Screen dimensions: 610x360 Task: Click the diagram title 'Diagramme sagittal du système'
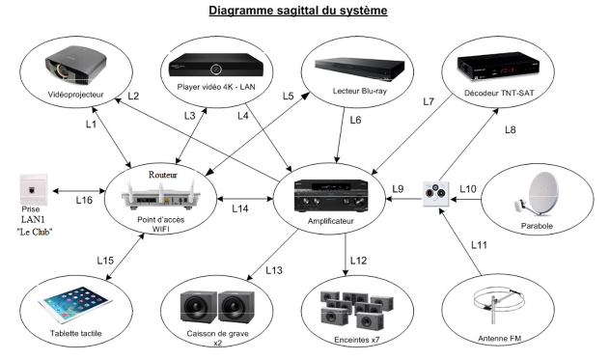[298, 11]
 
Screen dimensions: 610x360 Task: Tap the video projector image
[76, 65]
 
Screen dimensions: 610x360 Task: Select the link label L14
[240, 208]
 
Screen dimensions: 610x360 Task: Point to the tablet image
[75, 305]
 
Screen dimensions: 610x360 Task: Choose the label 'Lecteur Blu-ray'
[359, 91]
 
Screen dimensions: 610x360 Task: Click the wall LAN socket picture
[34, 189]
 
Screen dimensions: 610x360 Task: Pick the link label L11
[479, 245]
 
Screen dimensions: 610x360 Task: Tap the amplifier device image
[331, 196]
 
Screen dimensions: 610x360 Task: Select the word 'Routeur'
[162, 175]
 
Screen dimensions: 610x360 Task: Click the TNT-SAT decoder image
[498, 67]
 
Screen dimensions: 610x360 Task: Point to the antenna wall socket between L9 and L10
[435, 194]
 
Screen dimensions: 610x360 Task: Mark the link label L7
[429, 101]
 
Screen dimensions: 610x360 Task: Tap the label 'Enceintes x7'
[357, 340]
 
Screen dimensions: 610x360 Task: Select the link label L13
[274, 270]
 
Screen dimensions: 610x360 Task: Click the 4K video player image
[216, 66]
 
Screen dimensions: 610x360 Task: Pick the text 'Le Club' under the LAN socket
[35, 232]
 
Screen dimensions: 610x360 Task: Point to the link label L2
[133, 96]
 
